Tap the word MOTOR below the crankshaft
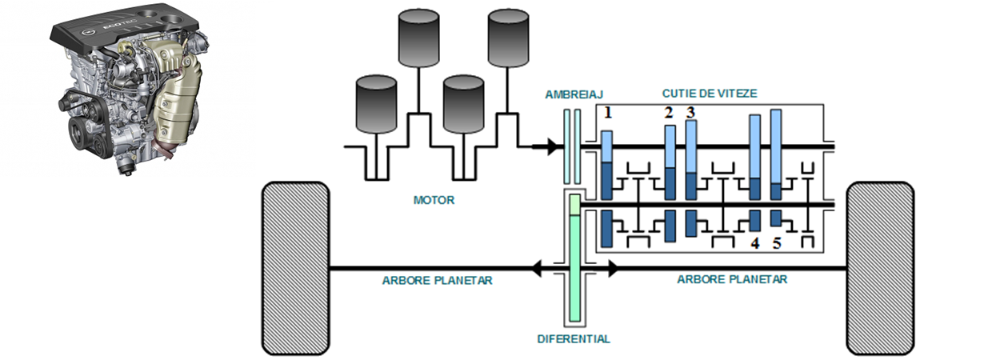click(x=433, y=200)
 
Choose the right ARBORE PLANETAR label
click(x=732, y=279)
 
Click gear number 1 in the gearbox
click(x=608, y=114)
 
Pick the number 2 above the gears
click(x=668, y=113)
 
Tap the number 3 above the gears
click(x=690, y=112)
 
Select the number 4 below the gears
click(x=754, y=244)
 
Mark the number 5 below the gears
click(x=777, y=244)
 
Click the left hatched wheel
click(x=296, y=268)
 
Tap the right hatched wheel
click(x=880, y=268)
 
